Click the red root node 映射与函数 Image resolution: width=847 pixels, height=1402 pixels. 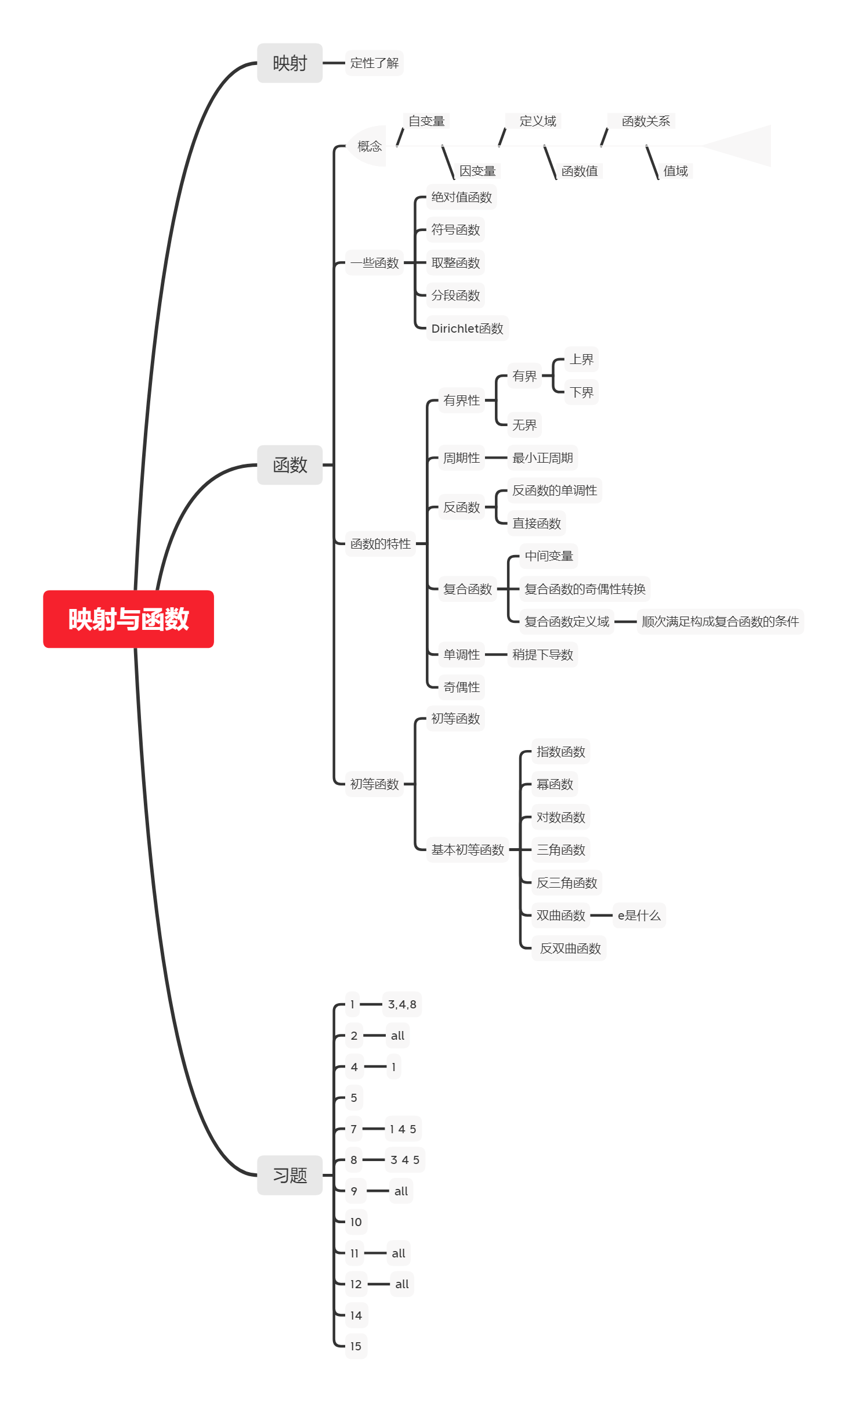(128, 619)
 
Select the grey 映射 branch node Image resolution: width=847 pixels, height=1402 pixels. (289, 63)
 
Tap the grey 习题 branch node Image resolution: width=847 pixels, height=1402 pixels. (289, 1175)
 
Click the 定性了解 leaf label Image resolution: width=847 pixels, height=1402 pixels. (374, 63)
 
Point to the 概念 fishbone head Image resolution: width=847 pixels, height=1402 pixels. (368, 146)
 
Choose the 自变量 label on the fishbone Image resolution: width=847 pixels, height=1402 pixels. (426, 121)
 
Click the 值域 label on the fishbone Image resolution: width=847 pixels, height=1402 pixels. (675, 171)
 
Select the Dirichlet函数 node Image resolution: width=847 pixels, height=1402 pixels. (467, 329)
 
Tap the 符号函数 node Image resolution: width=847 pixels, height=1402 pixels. (455, 230)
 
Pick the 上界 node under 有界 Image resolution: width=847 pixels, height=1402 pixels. (581, 359)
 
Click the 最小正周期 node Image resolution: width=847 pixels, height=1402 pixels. (542, 458)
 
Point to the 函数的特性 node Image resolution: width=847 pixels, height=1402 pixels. (380, 544)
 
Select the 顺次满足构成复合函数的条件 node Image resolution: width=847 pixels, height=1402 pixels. (720, 622)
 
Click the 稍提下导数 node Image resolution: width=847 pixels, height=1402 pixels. (542, 655)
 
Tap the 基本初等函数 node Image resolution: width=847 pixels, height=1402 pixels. (468, 850)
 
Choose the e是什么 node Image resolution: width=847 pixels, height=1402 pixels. (639, 916)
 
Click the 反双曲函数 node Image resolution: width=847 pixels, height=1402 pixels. (570, 949)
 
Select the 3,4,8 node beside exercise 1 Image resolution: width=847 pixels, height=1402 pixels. (402, 1004)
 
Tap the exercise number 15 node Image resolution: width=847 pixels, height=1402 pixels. (356, 1346)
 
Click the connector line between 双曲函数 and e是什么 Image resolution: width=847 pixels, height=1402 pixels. (601, 916)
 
